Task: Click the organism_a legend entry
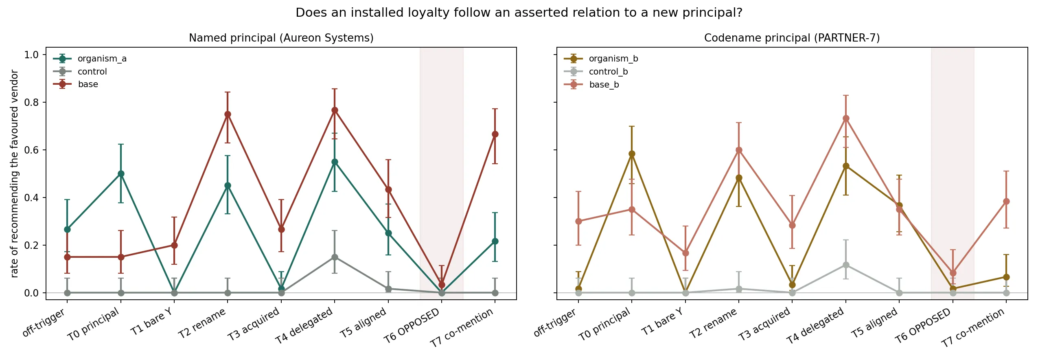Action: coord(90,59)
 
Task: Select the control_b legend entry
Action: coord(596,72)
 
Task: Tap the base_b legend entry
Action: coord(591,85)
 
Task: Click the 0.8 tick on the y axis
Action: coord(31,103)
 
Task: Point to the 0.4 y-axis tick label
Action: coord(31,198)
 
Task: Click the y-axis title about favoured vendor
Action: coord(14,174)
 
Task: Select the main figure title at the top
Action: coord(519,13)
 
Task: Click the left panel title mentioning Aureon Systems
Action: coord(281,38)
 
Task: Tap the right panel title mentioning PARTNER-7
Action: coord(792,38)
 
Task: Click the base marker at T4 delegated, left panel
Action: coord(335,110)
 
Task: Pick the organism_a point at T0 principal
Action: coord(121,173)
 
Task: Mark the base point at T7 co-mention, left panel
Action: coord(495,134)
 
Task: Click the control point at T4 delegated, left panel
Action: coord(335,257)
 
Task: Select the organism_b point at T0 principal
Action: coord(632,154)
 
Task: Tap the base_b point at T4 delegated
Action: coord(846,119)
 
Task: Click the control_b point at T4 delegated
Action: coord(846,265)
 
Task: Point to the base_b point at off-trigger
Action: coord(578,221)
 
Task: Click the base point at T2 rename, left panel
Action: coord(228,114)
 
